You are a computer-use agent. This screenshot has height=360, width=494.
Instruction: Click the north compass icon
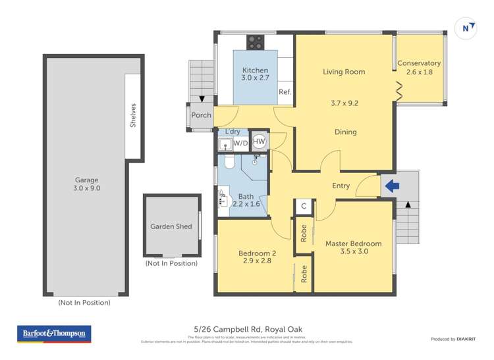[467, 28]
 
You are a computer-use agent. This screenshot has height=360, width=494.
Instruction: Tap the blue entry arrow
[391, 186]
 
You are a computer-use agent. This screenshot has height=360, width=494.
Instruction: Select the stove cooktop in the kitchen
[255, 42]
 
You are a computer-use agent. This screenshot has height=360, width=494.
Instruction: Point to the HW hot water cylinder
[260, 141]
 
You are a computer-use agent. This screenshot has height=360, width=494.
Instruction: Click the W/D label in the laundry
[240, 143]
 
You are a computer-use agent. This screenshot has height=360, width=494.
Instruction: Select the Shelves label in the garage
[133, 115]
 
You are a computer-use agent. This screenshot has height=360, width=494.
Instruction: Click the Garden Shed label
[171, 226]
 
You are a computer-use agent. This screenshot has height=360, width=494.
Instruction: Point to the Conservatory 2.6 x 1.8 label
[419, 68]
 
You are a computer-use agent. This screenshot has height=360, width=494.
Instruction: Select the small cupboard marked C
[304, 206]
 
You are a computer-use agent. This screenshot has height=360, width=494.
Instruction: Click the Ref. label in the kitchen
[285, 92]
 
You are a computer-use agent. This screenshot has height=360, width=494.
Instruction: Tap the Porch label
[201, 115]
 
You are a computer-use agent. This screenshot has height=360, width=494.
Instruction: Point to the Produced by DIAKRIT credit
[453, 339]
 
